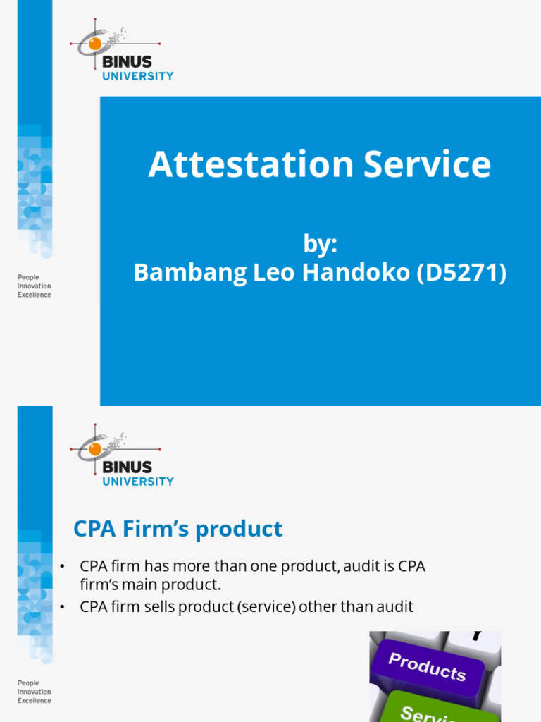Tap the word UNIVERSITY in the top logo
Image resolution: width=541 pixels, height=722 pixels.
click(138, 76)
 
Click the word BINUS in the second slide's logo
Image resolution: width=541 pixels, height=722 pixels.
click(127, 467)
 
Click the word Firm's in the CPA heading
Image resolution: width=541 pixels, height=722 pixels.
click(150, 529)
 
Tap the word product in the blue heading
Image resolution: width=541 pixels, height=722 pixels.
click(240, 529)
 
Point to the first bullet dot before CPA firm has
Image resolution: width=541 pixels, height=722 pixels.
click(62, 567)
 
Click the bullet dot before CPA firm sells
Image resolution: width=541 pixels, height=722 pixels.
click(62, 606)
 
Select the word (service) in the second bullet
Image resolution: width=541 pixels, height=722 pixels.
click(268, 606)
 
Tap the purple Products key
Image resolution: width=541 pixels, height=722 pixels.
click(426, 666)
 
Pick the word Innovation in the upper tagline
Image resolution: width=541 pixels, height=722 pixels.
click(34, 286)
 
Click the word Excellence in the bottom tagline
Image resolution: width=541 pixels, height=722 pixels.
click(34, 700)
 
